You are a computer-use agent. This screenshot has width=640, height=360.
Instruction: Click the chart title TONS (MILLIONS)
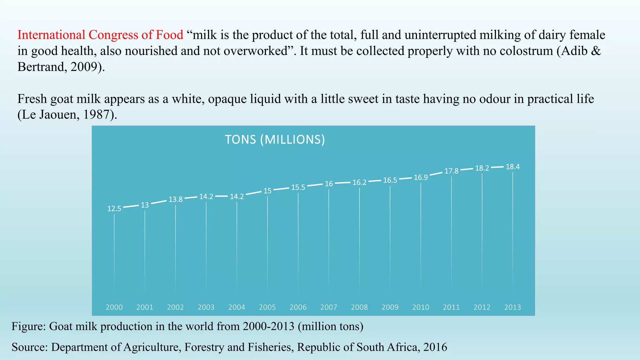275,139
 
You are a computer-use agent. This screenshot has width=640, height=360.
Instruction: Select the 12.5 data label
114,209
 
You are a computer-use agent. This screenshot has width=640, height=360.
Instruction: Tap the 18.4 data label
512,167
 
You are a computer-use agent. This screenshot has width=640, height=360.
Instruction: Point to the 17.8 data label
451,171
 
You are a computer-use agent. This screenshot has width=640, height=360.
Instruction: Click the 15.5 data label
298,187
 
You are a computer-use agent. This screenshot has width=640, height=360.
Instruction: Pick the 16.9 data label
421,177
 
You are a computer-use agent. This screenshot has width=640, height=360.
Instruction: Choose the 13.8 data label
175,199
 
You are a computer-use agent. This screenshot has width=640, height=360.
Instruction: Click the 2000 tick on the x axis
114,307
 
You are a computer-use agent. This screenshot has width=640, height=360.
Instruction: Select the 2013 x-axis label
512,307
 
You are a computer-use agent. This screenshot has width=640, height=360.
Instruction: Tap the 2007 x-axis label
329,307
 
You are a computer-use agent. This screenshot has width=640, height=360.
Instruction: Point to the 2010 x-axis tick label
421,307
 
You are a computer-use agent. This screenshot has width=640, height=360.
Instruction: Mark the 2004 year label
237,307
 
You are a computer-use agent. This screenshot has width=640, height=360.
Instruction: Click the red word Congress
113,35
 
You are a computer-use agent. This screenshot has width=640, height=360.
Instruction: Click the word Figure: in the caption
29,326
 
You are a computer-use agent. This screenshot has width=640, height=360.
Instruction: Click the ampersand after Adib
596,51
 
